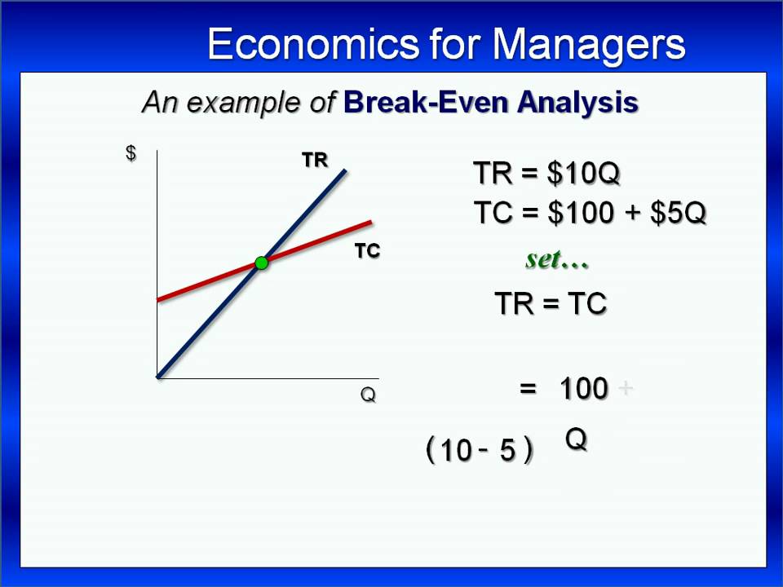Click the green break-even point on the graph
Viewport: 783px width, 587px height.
pos(261,263)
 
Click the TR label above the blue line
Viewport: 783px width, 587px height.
pos(315,161)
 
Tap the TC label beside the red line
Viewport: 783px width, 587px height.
pos(368,251)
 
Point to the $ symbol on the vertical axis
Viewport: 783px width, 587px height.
pos(130,152)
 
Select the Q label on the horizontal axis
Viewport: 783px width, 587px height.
pos(368,395)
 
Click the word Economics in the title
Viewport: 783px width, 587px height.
pos(313,44)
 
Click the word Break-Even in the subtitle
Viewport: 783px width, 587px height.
pos(426,103)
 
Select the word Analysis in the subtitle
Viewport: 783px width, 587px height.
pos(577,104)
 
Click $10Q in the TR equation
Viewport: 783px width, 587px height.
pos(583,173)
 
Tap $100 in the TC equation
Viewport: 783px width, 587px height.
pos(580,212)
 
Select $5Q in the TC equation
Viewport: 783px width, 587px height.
pos(678,212)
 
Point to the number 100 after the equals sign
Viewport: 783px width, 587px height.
pos(584,388)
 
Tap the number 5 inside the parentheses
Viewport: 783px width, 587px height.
pos(507,450)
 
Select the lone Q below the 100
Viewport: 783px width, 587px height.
pos(576,439)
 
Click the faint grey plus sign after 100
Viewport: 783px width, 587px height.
pos(626,388)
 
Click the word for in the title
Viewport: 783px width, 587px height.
pos(455,44)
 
